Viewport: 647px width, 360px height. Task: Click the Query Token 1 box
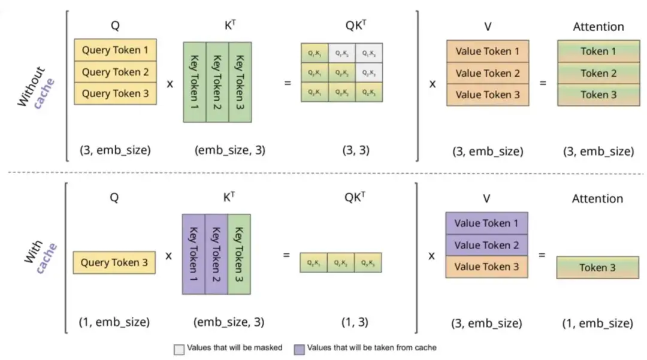(115, 50)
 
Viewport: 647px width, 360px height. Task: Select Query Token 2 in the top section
(115, 72)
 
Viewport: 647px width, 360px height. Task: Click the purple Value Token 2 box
(486, 244)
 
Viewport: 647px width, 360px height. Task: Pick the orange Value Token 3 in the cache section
(486, 266)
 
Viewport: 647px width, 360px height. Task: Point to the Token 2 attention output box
(598, 73)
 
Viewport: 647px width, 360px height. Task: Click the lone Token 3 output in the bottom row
(597, 267)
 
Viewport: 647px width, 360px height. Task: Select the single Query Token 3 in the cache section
(114, 262)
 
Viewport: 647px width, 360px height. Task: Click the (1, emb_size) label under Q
(114, 322)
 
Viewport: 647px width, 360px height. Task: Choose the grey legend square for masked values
(179, 347)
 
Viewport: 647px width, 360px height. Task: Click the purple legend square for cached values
(300, 347)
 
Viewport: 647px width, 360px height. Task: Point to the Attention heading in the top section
(597, 26)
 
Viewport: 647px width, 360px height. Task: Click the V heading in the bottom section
(486, 198)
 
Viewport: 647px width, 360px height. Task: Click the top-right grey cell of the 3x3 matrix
(368, 53)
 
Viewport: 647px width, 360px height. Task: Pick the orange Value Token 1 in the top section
(487, 51)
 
